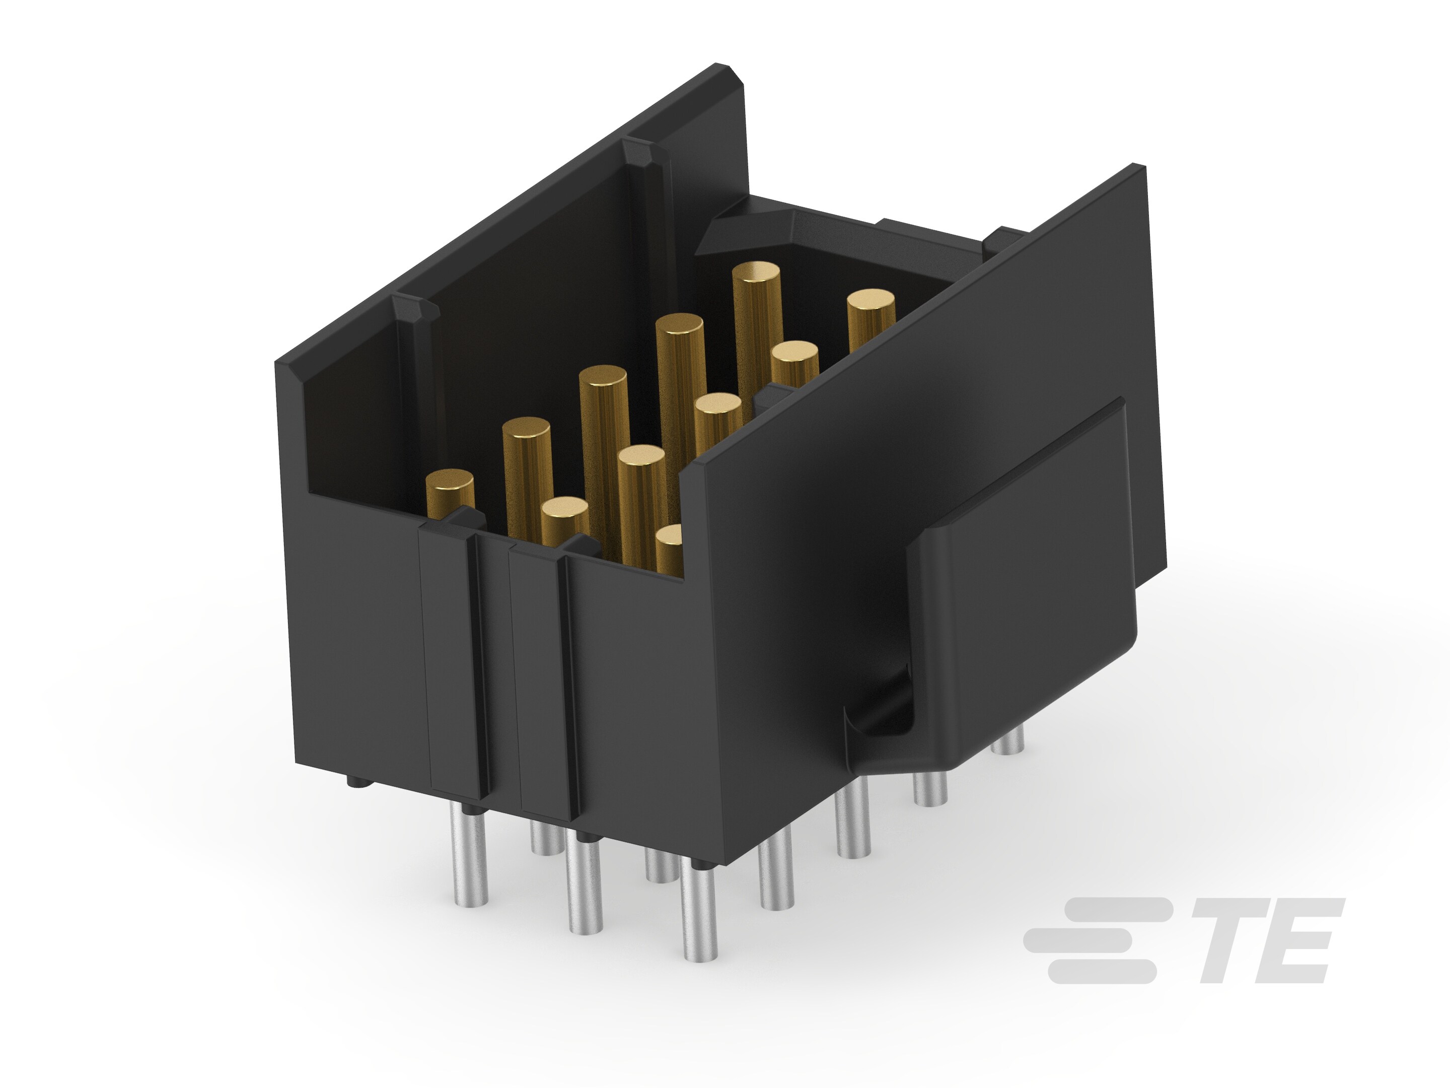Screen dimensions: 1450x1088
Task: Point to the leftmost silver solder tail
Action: (x=469, y=859)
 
